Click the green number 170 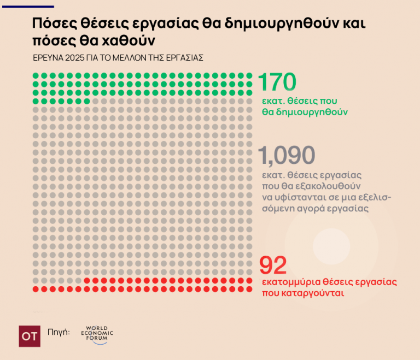[x=277, y=82]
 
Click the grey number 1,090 [x=288, y=156]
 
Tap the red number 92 [x=273, y=266]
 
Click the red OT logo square [x=29, y=336]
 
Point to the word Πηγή [x=59, y=332]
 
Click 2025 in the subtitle [x=75, y=57]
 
